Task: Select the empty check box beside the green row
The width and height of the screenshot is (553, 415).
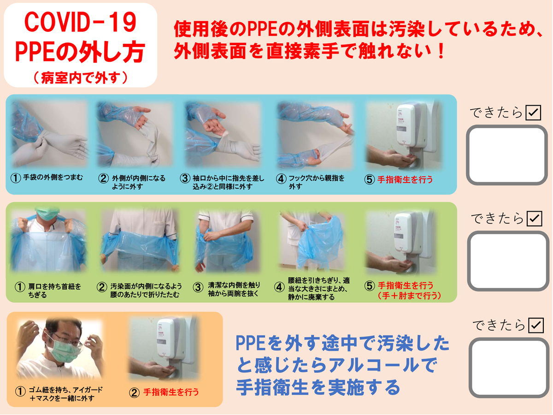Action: tap(507, 261)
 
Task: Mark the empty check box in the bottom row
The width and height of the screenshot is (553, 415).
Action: tap(507, 368)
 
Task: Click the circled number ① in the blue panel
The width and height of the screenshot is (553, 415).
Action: tap(16, 178)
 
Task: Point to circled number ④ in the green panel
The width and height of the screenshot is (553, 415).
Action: tap(279, 286)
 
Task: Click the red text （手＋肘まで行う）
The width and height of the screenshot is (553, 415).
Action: tap(408, 296)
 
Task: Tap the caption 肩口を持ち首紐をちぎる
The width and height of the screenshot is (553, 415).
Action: tap(52, 290)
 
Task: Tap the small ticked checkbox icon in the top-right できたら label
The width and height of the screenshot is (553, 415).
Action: tap(533, 112)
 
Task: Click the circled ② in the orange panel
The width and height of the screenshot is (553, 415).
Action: tap(134, 393)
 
